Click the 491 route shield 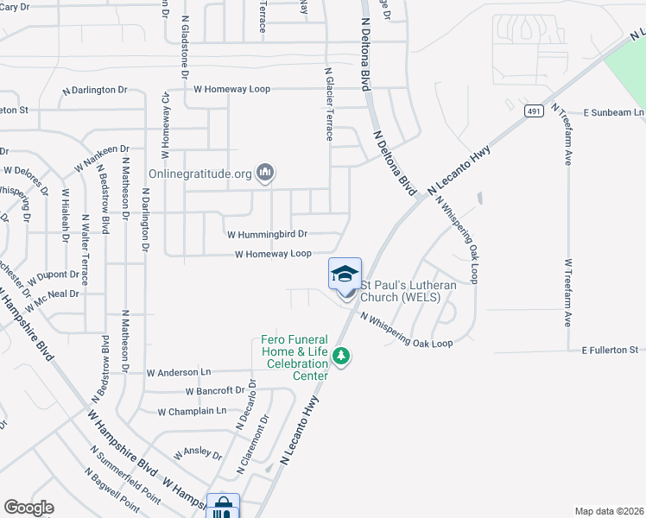point(531,111)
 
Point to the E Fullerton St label point(610,350)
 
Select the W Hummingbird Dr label point(267,234)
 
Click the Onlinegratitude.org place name point(199,174)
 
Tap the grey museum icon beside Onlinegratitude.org point(265,174)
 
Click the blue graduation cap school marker point(345,275)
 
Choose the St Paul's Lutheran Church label point(400,291)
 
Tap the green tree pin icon point(342,356)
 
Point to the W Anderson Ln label point(179,373)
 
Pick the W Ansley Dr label point(198,454)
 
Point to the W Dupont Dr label point(54,278)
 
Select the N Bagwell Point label point(111,488)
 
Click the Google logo point(28,508)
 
